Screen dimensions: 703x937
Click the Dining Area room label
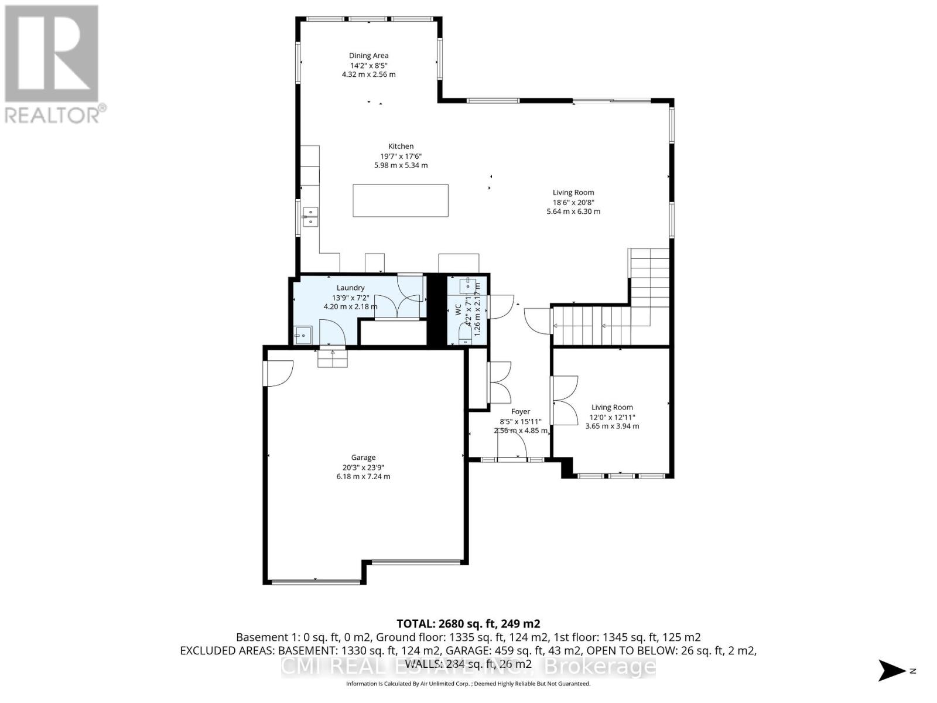[x=368, y=56]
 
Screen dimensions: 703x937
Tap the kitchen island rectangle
[x=401, y=200]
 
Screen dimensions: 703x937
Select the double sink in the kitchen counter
[x=310, y=217]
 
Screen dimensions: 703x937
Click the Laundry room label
[x=350, y=288]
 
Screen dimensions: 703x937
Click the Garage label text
[x=363, y=458]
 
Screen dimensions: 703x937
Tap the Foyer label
[x=521, y=412]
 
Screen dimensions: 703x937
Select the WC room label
[x=459, y=310]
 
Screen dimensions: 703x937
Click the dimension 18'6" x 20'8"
[x=573, y=202]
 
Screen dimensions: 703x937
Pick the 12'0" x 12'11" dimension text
[x=612, y=417]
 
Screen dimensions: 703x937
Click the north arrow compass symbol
[x=893, y=670]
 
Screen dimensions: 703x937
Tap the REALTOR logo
[x=53, y=64]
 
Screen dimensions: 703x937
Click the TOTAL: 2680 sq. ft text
[x=468, y=623]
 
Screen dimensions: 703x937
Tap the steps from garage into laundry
[x=333, y=358]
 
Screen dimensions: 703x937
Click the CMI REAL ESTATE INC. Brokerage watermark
[x=468, y=666]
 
